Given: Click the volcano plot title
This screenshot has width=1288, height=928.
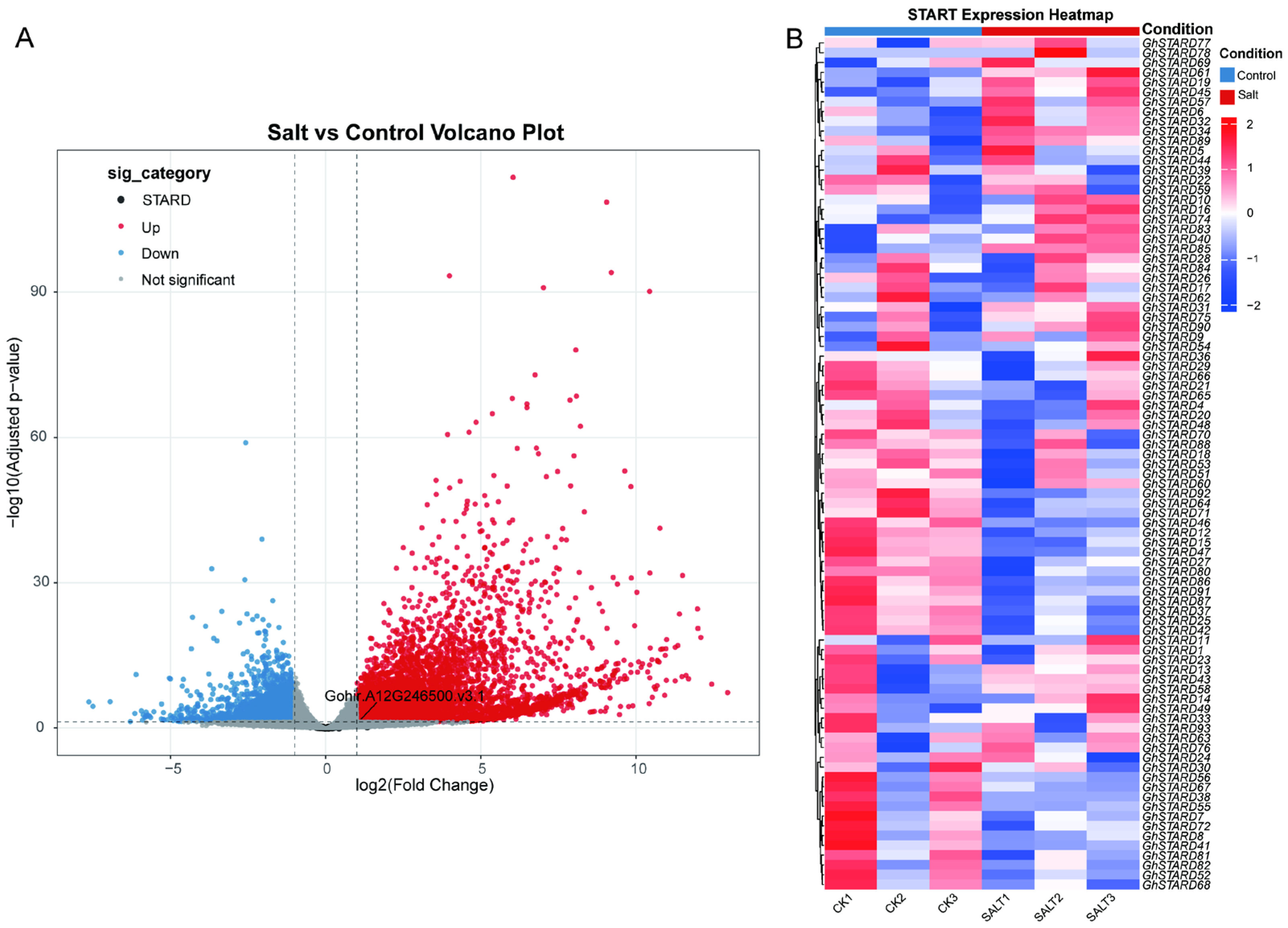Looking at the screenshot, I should coord(415,132).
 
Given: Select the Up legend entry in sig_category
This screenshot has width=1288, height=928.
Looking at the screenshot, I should coord(150,227).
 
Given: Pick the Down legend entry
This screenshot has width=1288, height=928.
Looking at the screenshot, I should coord(160,254).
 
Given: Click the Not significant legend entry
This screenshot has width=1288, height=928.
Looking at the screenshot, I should coord(187,279).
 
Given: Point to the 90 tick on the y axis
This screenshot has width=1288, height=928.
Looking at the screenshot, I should coord(39,291).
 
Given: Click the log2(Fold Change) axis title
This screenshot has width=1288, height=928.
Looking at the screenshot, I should coord(424,785).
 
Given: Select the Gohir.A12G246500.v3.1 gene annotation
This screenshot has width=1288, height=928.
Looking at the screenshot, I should coord(404,696).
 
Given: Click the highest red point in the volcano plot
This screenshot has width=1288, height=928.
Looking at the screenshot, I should coord(513,177).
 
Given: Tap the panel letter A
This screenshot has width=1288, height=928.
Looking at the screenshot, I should coord(25,38).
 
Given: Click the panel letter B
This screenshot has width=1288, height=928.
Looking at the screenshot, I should coord(794,39).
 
